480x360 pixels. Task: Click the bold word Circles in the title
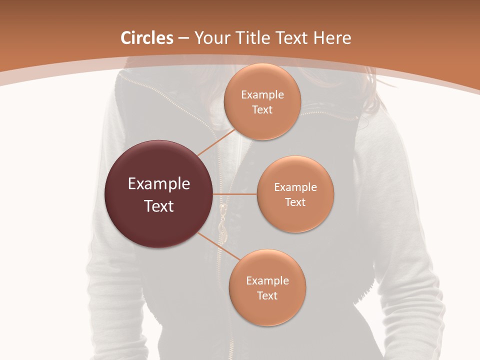(147, 38)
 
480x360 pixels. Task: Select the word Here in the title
(332, 38)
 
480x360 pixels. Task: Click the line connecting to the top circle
(216, 141)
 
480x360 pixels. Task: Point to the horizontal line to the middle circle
(235, 194)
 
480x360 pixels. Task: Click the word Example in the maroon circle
(159, 184)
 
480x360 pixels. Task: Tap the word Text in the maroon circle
(159, 206)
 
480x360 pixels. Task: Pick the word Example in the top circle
(262, 95)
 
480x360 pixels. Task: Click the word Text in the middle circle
(295, 202)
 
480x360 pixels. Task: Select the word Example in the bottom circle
(267, 280)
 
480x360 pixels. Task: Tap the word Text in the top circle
(262, 110)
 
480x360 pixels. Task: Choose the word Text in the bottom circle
(267, 295)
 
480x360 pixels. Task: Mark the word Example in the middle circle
(295, 187)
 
